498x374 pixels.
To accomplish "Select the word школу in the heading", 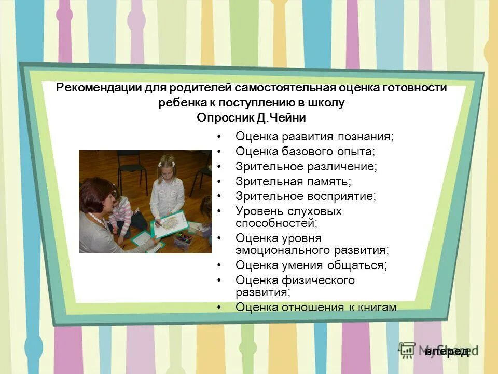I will pos(327,103).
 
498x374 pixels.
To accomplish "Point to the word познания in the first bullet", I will pos(366,137).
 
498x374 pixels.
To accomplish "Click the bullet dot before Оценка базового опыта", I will pos(219,152).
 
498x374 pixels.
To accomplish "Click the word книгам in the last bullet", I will pos(377,307).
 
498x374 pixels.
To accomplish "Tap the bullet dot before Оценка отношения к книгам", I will pos(219,308).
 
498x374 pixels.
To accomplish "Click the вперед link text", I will pos(447,352).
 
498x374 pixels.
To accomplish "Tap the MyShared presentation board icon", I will pos(407,350).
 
